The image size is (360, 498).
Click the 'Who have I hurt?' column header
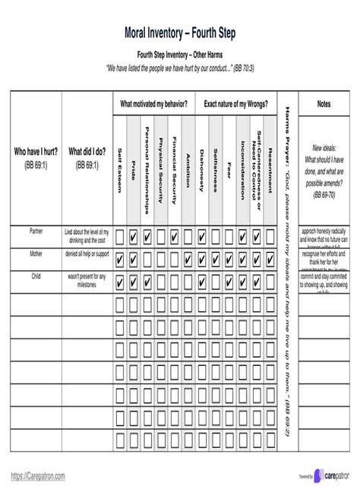pos(35,151)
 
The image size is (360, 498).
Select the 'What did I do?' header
pos(87,151)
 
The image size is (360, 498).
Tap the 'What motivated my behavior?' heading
pos(154,102)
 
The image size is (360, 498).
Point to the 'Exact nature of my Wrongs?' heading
pos(236,102)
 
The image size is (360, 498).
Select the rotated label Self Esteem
pos(120,163)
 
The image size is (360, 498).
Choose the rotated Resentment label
pos(270,163)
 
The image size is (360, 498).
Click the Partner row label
pos(36,229)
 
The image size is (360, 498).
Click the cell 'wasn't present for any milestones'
pos(87,279)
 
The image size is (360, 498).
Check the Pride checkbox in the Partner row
pos(134,237)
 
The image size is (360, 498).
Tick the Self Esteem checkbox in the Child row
pos(120,282)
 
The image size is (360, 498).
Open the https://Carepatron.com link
pos(38,475)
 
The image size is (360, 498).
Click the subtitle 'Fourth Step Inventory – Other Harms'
pos(179,55)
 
